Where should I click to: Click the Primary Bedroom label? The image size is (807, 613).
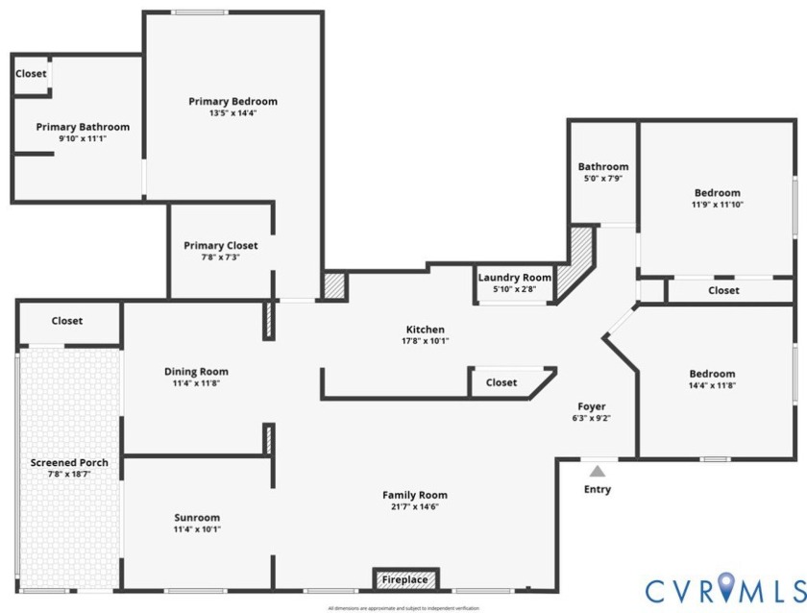232,102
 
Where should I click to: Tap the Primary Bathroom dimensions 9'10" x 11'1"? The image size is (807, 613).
83,139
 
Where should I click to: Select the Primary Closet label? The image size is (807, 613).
220,246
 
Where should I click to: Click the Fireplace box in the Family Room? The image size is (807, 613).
405,579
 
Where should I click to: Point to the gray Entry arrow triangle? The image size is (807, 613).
598,471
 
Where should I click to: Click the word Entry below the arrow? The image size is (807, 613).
598,489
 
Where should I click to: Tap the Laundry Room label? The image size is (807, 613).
515,278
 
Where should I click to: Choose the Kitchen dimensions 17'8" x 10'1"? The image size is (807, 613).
425,341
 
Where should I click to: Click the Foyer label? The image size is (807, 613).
591,406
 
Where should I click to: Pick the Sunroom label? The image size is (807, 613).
197,517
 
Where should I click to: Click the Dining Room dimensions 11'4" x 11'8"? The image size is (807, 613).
197,384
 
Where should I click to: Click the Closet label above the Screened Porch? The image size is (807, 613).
67,321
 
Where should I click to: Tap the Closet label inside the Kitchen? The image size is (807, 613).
501,382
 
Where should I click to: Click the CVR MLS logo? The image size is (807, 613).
723,588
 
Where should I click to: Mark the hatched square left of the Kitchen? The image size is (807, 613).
333,286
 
